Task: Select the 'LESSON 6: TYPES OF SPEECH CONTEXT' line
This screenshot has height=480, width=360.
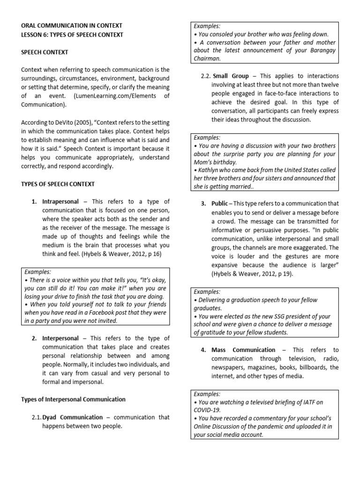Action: click(72, 35)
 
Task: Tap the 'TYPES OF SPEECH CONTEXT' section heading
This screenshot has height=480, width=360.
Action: click(58, 184)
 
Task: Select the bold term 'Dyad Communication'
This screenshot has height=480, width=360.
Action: click(72, 417)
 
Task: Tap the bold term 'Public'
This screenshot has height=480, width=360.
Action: click(220, 203)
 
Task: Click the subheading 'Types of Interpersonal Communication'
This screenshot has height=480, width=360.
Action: click(73, 399)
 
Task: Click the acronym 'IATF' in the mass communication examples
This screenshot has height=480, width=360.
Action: click(304, 402)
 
